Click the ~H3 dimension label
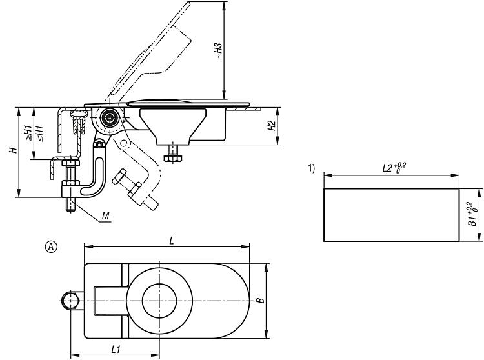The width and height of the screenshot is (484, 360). (219, 51)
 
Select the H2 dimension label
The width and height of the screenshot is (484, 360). (272, 126)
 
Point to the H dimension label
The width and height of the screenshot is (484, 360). (14, 150)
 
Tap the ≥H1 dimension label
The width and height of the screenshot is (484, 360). (28, 134)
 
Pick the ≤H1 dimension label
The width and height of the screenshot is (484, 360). (40, 134)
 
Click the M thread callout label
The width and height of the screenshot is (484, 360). (106, 216)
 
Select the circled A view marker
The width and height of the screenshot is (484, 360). (51, 247)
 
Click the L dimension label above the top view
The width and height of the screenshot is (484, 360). (172, 241)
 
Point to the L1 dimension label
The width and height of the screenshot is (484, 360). (116, 350)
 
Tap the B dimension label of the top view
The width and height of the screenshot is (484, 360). (261, 300)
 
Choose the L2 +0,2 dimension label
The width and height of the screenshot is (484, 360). (394, 168)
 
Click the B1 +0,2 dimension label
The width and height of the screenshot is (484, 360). (473, 214)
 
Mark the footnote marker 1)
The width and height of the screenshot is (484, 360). (312, 168)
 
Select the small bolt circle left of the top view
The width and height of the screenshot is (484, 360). (70, 301)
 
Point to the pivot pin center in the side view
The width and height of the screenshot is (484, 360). (110, 117)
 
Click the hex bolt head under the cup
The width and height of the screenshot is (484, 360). (173, 158)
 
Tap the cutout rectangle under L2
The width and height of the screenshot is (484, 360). (392, 188)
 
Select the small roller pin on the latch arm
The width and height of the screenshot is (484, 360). (99, 145)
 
